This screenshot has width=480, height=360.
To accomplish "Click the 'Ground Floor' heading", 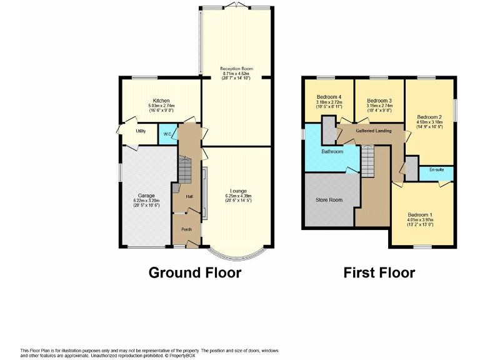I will tap(194, 272).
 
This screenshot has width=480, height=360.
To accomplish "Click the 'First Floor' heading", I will tap(379, 272).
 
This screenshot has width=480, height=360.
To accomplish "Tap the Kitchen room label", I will tap(161, 101).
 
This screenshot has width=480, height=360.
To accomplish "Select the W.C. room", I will tap(167, 135).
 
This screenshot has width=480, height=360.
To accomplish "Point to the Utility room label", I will tap(141, 131).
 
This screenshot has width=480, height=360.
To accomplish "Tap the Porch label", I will tap(186, 229).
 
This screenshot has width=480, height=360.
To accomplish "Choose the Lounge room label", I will tap(237, 191).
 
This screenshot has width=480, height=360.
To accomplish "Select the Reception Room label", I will tap(236, 69).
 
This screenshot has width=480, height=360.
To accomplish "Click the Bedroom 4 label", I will tap(329, 97).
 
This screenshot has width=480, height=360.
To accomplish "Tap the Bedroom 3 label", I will tap(379, 101).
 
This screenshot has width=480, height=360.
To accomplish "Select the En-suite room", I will tap(436, 170).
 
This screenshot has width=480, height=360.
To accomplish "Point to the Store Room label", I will tap(329, 200).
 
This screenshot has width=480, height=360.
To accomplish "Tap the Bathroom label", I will tap(332, 151).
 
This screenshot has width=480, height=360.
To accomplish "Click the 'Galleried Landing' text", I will tap(374, 131).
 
